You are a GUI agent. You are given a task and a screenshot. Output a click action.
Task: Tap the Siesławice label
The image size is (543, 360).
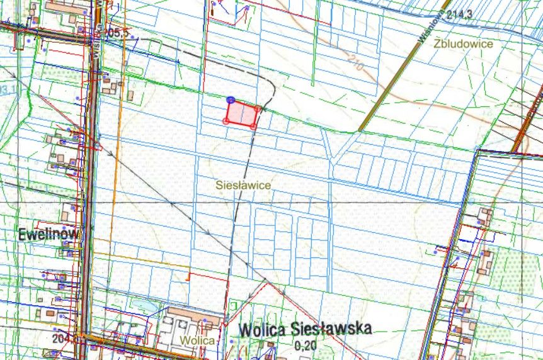pyautogui.click(x=243, y=185)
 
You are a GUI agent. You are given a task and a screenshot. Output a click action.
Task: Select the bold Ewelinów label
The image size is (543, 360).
pyautogui.click(x=49, y=234)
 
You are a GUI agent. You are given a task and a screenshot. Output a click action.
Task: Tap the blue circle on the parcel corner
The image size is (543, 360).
pyautogui.click(x=231, y=100)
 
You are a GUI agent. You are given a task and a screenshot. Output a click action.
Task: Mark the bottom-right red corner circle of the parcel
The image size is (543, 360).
pyautogui.click(x=253, y=127)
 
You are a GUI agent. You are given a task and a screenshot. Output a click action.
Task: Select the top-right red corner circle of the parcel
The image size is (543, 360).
pyautogui.click(x=258, y=108)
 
